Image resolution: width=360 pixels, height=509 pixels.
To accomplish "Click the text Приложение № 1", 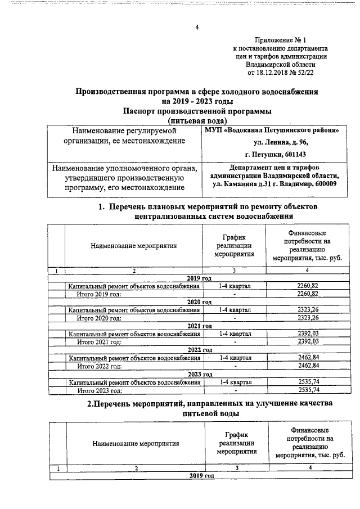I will [280, 40].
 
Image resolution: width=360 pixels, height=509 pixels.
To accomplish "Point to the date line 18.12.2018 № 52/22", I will [280, 73].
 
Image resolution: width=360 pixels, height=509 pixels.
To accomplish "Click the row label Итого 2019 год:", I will [99, 294].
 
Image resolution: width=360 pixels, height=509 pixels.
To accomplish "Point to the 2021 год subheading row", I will [199, 326].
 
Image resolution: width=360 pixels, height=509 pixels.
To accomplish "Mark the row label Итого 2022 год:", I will [99, 366].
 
